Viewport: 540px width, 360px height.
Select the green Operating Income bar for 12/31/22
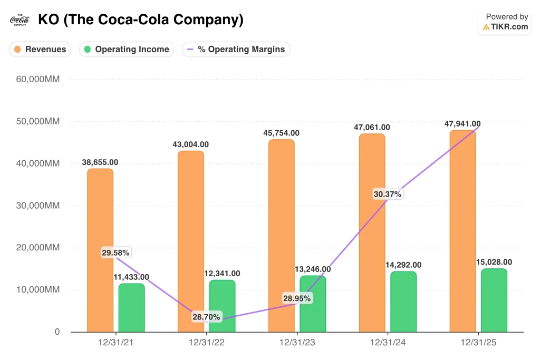pyautogui.click(x=222, y=306)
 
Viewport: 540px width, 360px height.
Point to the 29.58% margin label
pyautogui.click(x=115, y=253)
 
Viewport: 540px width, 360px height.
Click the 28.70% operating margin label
pyautogui.click(x=206, y=317)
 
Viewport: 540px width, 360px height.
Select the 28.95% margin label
pyautogui.click(x=296, y=298)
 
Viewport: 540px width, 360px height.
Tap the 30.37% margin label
pyautogui.click(x=387, y=194)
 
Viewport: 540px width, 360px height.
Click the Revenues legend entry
pyautogui.click(x=41, y=50)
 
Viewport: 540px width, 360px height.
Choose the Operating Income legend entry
pyautogui.click(x=127, y=50)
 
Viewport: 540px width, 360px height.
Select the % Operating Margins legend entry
pyautogui.click(x=236, y=50)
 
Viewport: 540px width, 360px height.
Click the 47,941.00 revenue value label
pyautogui.click(x=462, y=124)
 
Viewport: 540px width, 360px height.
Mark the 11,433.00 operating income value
pyautogui.click(x=131, y=277)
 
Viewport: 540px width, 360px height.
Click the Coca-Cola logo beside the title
pyautogui.click(x=20, y=20)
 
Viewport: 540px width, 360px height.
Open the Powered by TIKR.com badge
pyautogui.click(x=506, y=22)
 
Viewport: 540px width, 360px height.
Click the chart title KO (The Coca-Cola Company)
pyautogui.click(x=141, y=20)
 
